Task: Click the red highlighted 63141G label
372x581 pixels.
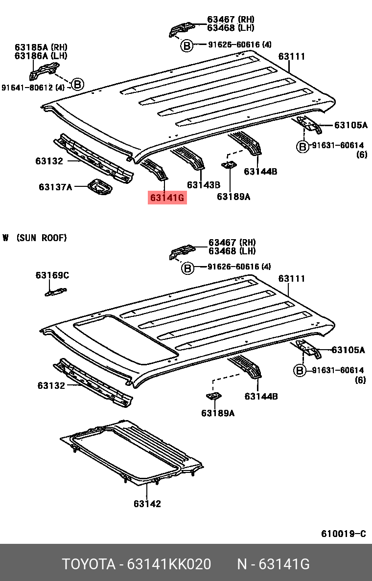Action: pos(167,198)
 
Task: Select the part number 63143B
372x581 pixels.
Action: pos(203,185)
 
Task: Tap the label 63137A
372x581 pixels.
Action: pos(55,187)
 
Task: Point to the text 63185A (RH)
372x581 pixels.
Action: pos(41,47)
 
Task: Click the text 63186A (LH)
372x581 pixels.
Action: pos(41,56)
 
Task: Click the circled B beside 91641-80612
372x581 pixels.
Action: pos(78,84)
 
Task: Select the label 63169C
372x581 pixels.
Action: pos(52,275)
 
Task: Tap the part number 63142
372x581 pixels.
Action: pos(147,504)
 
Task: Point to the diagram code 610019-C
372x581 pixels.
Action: pos(343,534)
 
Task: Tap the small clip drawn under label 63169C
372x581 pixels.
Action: pos(56,292)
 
